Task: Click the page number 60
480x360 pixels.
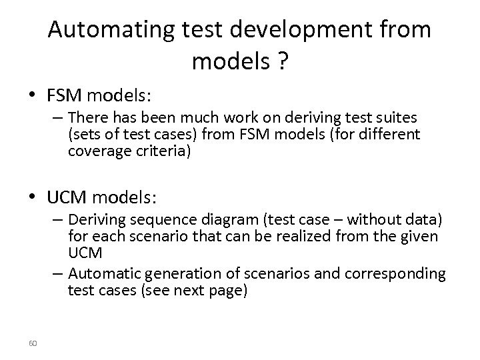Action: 33,343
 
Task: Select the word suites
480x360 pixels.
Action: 399,119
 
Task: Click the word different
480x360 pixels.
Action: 391,135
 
